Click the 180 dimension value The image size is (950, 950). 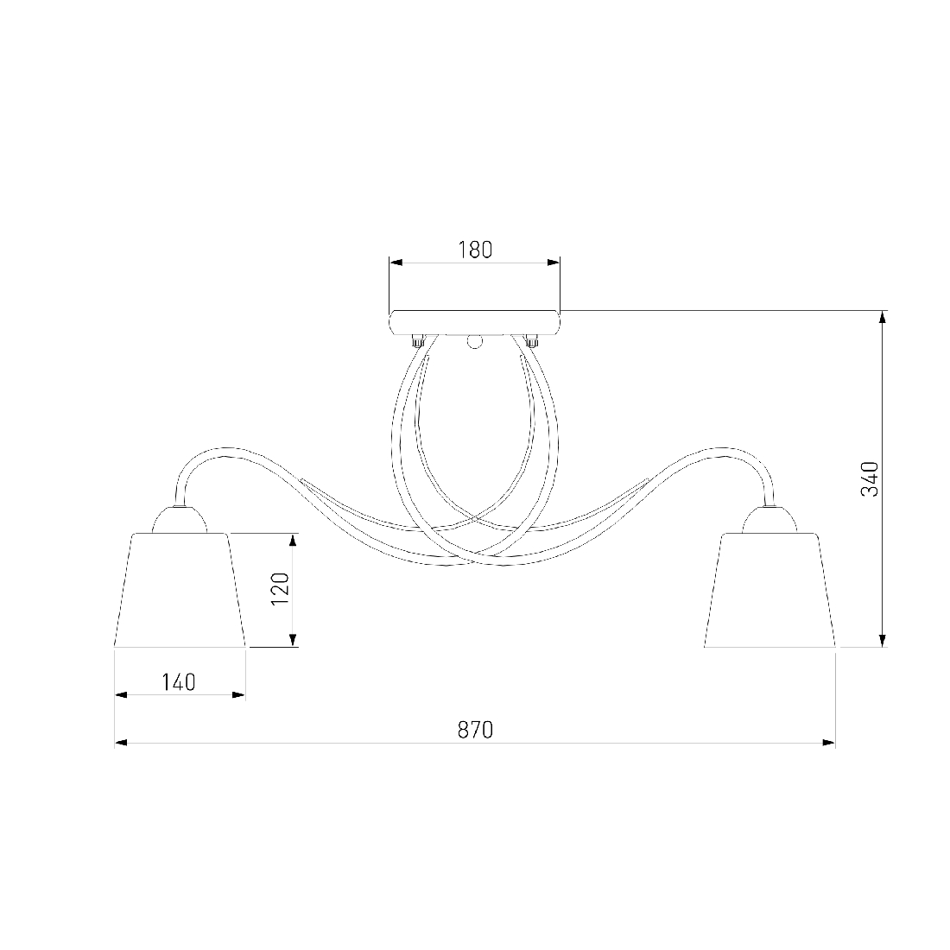pos(475,250)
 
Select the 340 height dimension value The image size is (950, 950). pos(870,478)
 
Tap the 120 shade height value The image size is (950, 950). pos(280,589)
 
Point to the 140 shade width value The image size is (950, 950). pos(179,682)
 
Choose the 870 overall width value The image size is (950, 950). pos(475,730)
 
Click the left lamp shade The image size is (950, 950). pos(180,590)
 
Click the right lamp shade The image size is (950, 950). pos(770,590)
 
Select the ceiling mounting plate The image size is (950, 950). pos(475,322)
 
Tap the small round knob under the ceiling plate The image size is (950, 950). pos(475,342)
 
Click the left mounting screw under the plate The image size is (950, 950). pos(417,340)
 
